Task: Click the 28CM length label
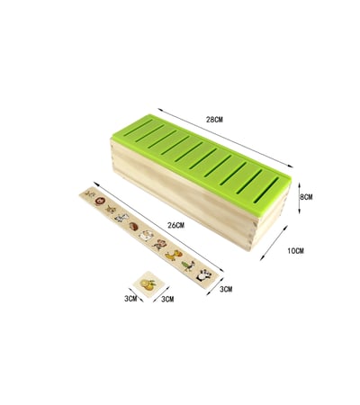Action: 215,120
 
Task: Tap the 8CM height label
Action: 306,197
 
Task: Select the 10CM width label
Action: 295,250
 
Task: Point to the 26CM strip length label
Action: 175,225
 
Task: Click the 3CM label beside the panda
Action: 226,289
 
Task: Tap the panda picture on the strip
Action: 204,274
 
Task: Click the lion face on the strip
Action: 99,201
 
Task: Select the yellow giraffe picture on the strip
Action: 174,255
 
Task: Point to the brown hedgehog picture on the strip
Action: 134,226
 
